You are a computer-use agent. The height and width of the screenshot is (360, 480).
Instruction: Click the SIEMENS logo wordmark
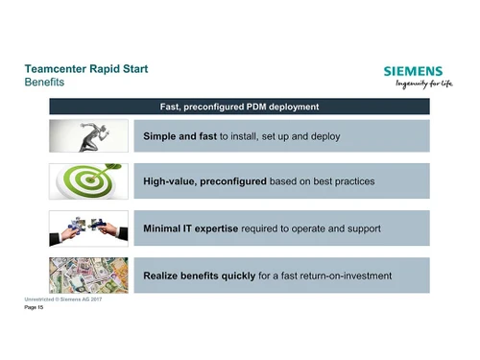tap(413, 71)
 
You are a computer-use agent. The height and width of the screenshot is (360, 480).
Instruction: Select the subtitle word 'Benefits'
tap(44, 84)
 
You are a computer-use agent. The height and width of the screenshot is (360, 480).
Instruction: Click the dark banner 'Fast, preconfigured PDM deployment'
tap(238, 106)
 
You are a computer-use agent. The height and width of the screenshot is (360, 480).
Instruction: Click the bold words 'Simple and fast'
tap(180, 136)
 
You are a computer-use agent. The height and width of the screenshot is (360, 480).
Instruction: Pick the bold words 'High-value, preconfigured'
tap(204, 181)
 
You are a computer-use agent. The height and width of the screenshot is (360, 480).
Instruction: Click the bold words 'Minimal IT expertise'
tap(197, 228)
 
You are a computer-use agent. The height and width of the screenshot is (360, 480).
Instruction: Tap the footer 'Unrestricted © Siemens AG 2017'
tap(62, 300)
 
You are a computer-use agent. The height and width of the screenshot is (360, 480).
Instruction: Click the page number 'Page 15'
tap(35, 309)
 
